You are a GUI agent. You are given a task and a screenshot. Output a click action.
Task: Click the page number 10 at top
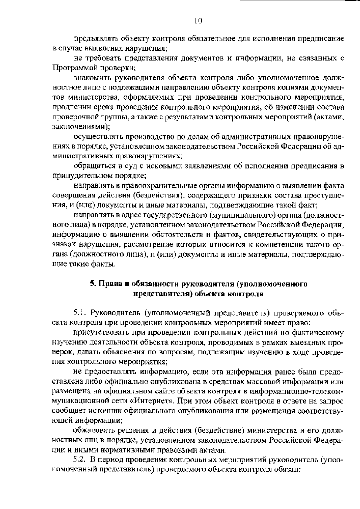[198, 21]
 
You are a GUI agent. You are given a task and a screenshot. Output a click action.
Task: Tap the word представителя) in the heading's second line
[162, 294]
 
